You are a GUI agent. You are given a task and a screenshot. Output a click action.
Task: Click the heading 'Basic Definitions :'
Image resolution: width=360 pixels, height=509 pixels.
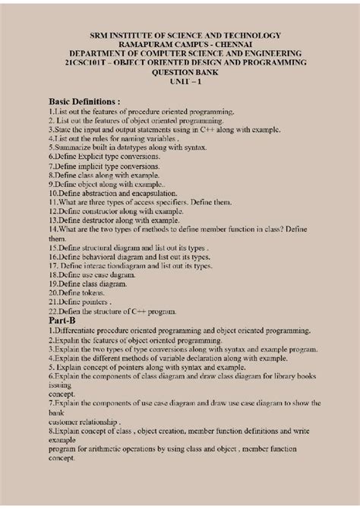click(84, 100)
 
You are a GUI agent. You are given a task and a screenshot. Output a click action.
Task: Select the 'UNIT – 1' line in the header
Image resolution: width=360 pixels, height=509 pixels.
click(182, 81)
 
